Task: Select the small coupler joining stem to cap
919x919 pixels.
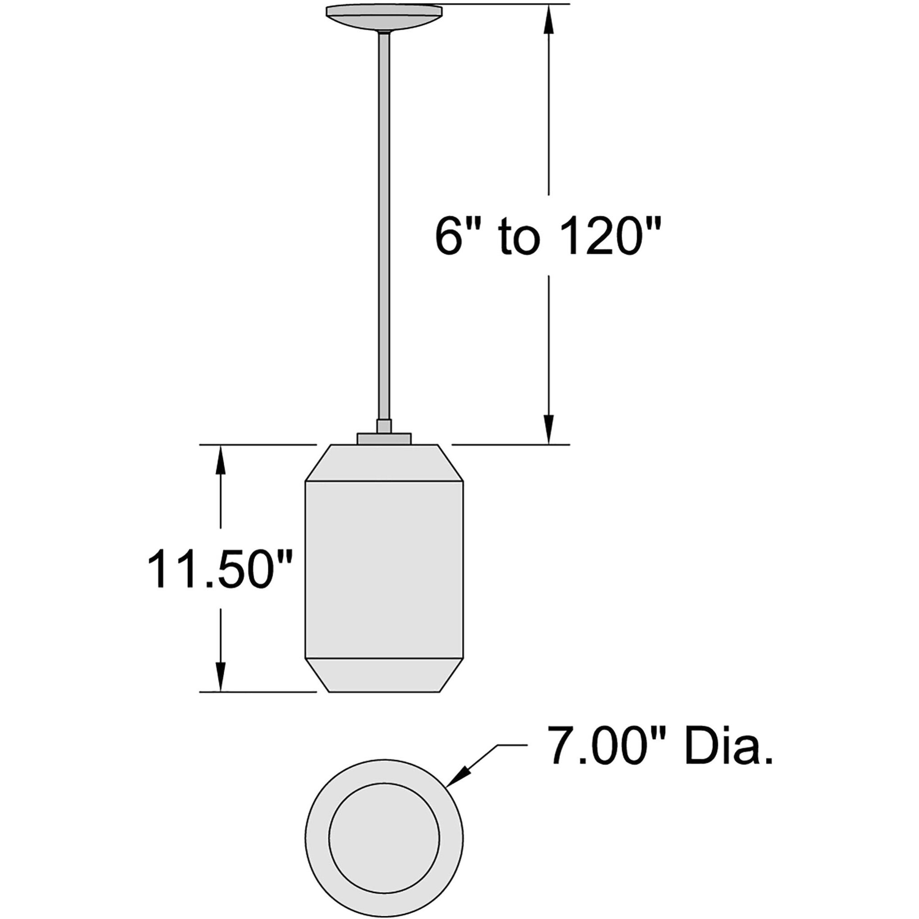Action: point(384,426)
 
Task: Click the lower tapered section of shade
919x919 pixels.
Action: point(384,675)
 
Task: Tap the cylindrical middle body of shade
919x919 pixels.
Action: point(384,571)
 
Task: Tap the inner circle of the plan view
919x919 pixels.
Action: point(384,838)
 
